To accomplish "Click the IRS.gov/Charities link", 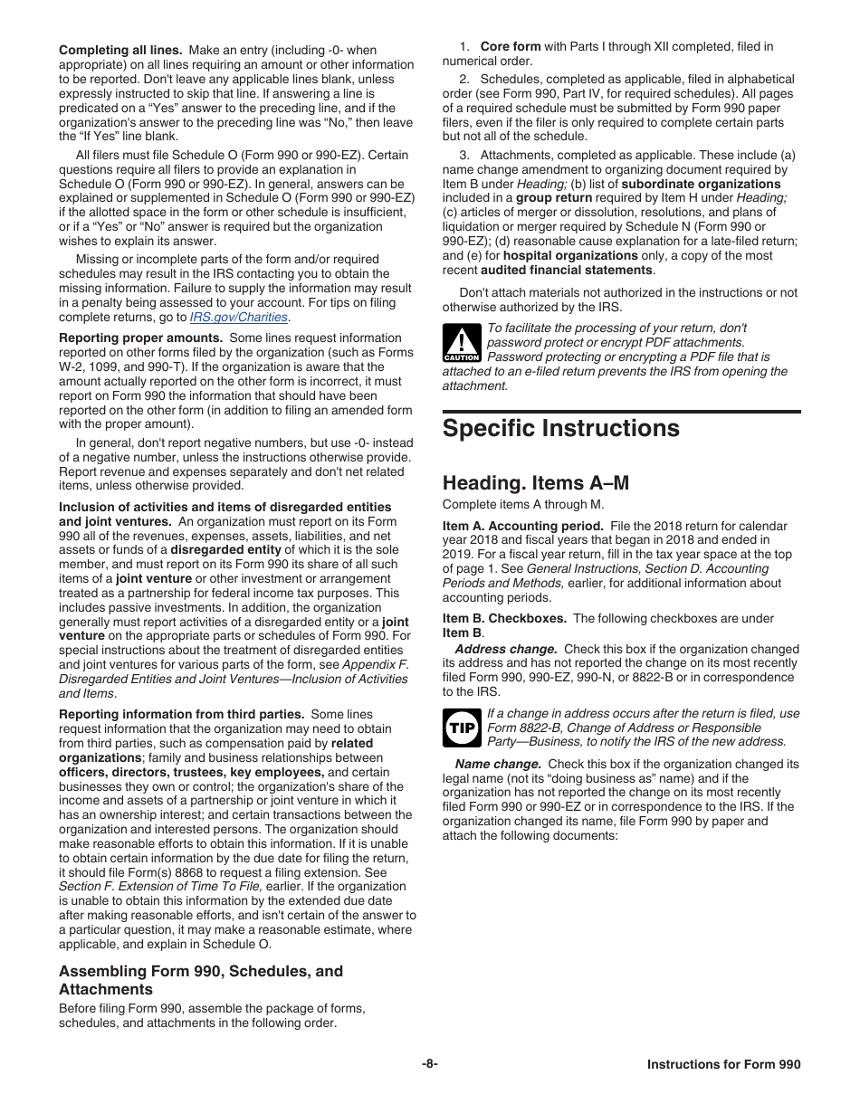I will (239, 318).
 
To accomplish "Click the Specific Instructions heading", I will (560, 428).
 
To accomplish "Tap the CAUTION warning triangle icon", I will (461, 344).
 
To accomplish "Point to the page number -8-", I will (429, 1065).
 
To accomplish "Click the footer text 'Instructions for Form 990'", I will (723, 1065).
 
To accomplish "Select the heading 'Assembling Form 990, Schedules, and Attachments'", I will (201, 980).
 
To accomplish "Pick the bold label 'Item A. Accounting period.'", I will (522, 526).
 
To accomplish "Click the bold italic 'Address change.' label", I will (505, 649).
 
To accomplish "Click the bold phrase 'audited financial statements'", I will (566, 271).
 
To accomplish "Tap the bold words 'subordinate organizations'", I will (701, 184).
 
